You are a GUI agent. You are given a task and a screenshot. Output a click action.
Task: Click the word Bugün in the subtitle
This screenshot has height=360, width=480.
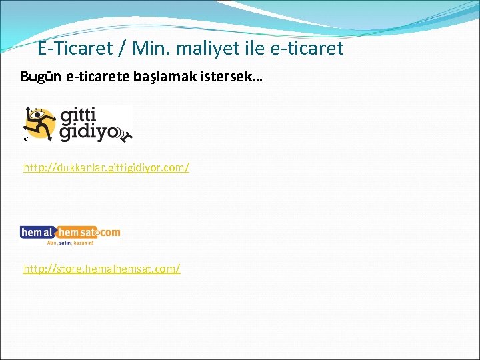pyautogui.click(x=42, y=78)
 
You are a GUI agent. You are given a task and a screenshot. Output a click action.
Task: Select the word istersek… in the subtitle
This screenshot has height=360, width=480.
pyautogui.click(x=227, y=78)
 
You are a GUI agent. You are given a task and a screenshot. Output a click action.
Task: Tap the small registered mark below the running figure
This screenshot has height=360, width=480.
pyautogui.click(x=25, y=141)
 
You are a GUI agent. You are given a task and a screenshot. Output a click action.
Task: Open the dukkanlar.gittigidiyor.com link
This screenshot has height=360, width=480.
pyautogui.click(x=107, y=167)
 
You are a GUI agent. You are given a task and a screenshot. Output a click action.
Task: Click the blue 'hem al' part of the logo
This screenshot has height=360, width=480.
pyautogui.click(x=38, y=232)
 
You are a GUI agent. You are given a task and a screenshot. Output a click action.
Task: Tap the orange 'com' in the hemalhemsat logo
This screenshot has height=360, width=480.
pyautogui.click(x=111, y=232)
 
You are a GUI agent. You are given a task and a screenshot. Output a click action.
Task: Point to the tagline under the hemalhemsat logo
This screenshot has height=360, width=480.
pyautogui.click(x=73, y=243)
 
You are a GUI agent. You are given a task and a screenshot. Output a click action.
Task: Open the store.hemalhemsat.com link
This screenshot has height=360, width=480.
pyautogui.click(x=102, y=269)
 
